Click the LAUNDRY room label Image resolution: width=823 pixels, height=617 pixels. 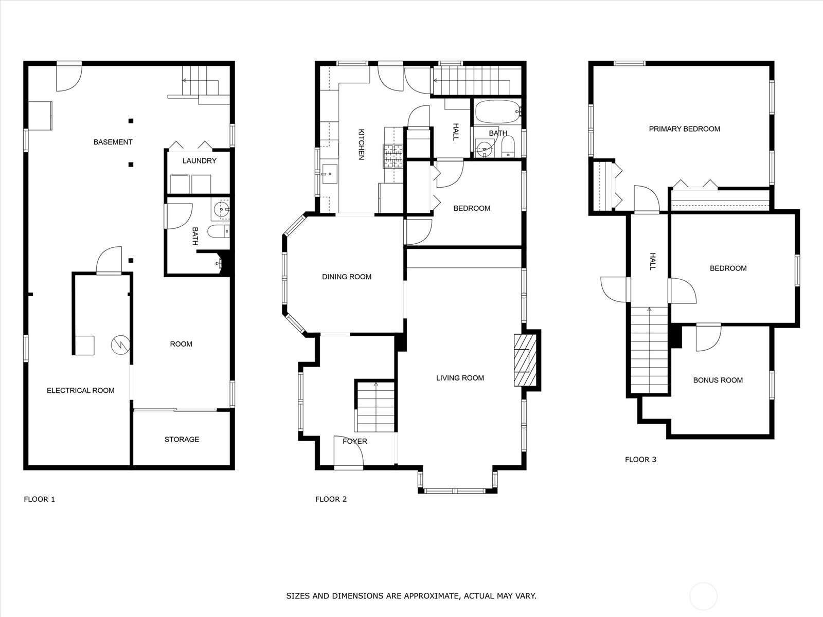(199, 161)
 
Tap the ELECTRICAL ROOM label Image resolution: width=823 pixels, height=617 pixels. (80, 391)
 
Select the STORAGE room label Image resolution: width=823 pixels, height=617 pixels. (182, 440)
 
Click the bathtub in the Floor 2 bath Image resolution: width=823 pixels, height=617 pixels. (498, 112)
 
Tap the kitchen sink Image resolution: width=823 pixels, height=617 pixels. (329, 174)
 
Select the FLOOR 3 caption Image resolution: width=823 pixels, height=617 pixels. (640, 460)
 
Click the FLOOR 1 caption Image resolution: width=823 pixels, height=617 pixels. (39, 499)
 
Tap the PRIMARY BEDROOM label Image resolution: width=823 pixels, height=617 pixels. (684, 129)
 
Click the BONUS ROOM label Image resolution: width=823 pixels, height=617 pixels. (718, 380)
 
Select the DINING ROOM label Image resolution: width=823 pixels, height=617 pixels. (346, 277)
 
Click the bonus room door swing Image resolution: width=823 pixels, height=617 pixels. (708, 339)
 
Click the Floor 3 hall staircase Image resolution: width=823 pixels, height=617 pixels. (649, 350)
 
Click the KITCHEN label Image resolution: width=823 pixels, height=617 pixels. (361, 144)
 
